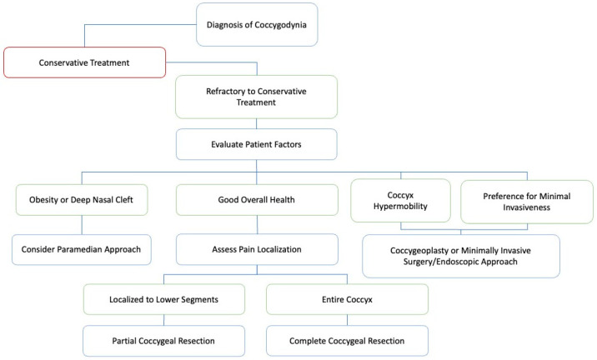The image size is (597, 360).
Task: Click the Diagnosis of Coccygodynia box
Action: click(257, 25)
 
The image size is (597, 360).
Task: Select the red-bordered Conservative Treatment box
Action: click(84, 62)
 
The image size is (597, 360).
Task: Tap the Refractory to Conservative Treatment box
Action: click(256, 97)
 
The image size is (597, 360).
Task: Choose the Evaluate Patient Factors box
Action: click(256, 144)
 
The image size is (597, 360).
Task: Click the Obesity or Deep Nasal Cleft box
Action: click(82, 200)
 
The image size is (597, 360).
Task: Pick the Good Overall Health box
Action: click(257, 200)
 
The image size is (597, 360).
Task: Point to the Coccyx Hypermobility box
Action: click(400, 201)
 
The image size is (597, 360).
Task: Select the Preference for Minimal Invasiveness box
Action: click(527, 202)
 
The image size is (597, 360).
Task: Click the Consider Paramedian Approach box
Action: click(82, 250)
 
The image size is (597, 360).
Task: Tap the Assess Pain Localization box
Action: click(257, 250)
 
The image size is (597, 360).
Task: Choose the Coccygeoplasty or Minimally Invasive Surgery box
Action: click(461, 256)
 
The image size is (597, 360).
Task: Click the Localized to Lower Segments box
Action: click(164, 299)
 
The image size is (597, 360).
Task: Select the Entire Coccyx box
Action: click(347, 299)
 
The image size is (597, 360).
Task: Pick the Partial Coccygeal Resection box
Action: click(163, 341)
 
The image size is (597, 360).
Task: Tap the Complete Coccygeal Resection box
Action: click(347, 341)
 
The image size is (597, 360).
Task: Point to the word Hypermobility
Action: click(400, 207)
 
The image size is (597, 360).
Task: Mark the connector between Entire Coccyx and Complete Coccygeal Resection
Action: click(347, 320)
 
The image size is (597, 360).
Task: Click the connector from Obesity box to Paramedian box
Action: click(82, 225)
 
